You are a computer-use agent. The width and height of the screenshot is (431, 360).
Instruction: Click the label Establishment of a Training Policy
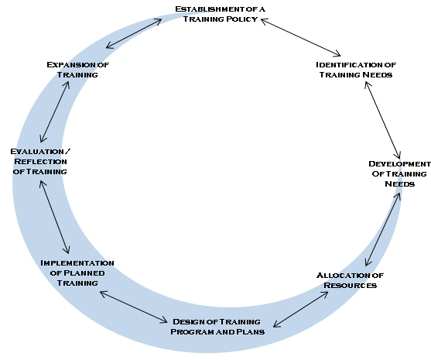221,14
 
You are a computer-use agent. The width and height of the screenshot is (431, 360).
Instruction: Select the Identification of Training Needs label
356,70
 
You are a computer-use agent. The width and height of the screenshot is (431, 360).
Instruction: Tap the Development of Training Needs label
400,174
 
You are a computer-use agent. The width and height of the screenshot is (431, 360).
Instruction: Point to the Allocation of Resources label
351,280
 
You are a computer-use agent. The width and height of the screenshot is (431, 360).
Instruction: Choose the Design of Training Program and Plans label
217,327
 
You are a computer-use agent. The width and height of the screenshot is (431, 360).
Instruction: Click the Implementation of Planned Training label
77,273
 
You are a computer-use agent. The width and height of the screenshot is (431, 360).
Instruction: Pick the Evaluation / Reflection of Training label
40,162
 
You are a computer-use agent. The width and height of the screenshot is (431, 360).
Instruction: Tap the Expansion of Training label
78,70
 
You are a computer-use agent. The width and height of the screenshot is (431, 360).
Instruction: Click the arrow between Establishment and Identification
301,37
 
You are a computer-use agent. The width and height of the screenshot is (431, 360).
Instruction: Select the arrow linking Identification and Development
382,120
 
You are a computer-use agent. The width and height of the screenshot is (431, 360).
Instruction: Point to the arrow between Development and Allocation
382,229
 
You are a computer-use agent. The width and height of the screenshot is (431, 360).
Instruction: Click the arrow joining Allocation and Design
301,310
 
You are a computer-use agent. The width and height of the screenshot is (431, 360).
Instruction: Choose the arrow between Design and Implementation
134,307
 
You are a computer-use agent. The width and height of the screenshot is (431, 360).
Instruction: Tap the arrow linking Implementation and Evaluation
54,217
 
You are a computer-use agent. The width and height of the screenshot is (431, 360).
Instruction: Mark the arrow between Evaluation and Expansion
55,111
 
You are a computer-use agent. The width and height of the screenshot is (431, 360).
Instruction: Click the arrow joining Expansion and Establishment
134,33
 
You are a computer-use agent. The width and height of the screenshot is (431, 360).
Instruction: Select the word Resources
351,285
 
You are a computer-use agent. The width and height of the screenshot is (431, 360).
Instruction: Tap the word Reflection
40,162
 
